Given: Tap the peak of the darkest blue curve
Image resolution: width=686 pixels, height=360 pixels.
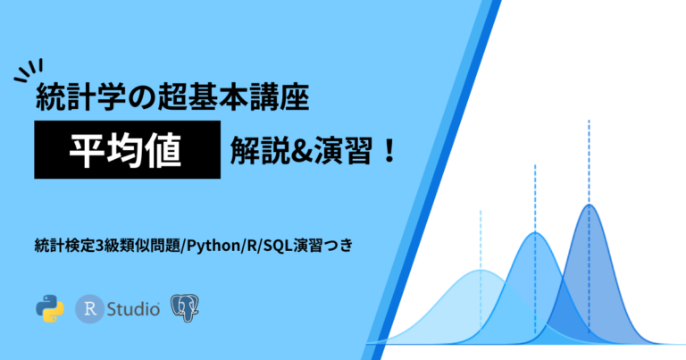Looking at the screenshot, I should pyautogui.click(x=589, y=205).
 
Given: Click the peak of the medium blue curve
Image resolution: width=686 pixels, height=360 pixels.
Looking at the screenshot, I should pyautogui.click(x=534, y=233).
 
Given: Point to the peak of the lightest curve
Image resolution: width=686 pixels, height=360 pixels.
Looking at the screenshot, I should pyautogui.click(x=480, y=270).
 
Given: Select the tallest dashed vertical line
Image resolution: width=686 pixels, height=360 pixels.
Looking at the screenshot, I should pyautogui.click(x=589, y=161).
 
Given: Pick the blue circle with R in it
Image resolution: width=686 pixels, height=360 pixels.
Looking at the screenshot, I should pyautogui.click(x=89, y=309).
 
